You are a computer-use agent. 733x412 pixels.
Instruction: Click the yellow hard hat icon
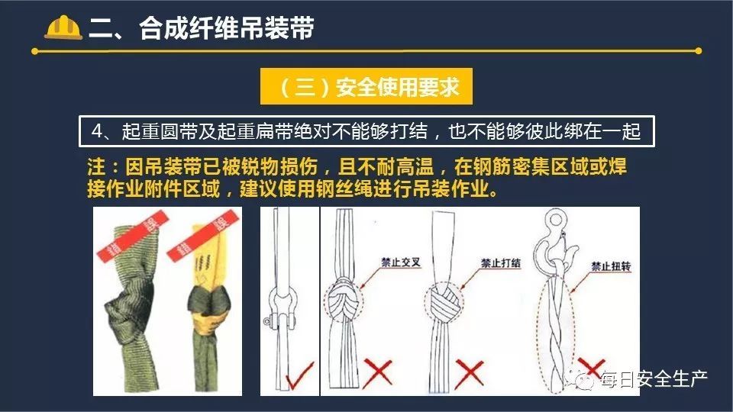pyautogui.click(x=63, y=27)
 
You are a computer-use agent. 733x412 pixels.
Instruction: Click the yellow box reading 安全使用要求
pyautogui.click(x=366, y=86)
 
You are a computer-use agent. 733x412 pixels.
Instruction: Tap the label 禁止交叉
pyautogui.click(x=401, y=262)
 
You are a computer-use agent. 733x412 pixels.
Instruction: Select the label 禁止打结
pyautogui.click(x=501, y=263)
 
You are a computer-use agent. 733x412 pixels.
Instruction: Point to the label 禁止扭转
pyautogui.click(x=611, y=266)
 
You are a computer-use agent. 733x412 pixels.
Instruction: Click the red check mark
pyautogui.click(x=299, y=375)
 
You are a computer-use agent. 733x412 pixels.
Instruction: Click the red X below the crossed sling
pyautogui.click(x=378, y=372)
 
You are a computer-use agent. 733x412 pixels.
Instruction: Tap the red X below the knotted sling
pyautogui.click(x=469, y=373)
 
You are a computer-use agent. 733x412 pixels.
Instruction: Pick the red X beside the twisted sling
pyautogui.click(x=591, y=368)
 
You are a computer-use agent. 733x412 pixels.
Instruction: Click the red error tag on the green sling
pyautogui.click(x=132, y=236)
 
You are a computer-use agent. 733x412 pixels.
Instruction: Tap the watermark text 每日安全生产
pyautogui.click(x=654, y=379)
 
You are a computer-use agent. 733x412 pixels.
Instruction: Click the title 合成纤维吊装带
pyautogui.click(x=226, y=28)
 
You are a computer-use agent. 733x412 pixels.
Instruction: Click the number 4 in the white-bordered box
pyautogui.click(x=97, y=131)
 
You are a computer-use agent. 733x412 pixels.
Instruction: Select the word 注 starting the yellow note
pyautogui.click(x=96, y=167)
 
